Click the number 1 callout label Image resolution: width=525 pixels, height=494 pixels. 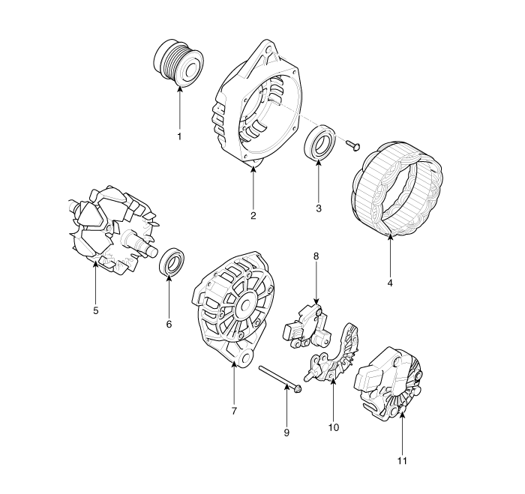tap(179, 136)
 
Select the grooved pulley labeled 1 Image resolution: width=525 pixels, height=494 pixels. tap(178, 64)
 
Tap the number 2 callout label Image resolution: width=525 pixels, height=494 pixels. tap(253, 216)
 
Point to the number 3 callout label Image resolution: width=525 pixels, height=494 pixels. tap(319, 208)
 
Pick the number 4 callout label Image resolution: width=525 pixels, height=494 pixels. tap(390, 283)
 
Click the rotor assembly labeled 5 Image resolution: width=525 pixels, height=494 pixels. tap(112, 230)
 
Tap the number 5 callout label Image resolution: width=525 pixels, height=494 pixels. tap(96, 310)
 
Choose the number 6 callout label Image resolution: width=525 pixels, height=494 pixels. tap(169, 324)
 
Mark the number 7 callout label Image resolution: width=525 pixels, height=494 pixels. tap(234, 411)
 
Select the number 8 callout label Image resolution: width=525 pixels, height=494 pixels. tap(316, 256)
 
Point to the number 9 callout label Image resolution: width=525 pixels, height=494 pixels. tap(286, 433)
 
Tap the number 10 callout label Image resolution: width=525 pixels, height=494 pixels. tap(334, 427)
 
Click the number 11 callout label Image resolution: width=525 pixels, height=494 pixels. tap(402, 461)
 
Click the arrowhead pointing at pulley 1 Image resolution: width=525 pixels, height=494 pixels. tap(180, 89)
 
